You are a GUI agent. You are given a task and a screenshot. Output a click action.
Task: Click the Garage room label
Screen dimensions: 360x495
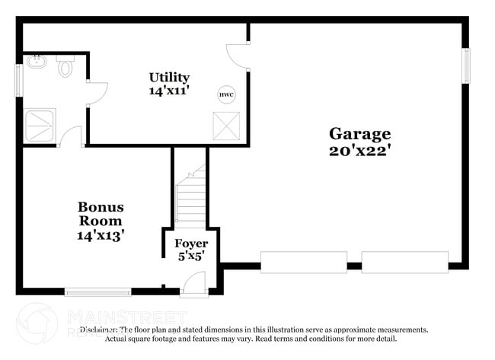(359, 134)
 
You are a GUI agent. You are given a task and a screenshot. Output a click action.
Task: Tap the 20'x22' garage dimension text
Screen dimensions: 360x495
(359, 150)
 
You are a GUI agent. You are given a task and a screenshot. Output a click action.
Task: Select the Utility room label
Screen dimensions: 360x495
(169, 77)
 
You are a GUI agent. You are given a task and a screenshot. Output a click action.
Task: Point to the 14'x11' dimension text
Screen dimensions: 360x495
(169, 90)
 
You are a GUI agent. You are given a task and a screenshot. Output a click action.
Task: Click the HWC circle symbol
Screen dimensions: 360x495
(226, 94)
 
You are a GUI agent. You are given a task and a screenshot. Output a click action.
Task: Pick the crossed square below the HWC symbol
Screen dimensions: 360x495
(226, 126)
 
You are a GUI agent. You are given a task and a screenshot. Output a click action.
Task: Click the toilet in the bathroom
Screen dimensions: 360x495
(65, 68)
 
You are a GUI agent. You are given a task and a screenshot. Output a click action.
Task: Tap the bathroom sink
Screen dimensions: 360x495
(37, 62)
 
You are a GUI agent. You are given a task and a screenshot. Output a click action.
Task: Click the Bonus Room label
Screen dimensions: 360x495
(101, 214)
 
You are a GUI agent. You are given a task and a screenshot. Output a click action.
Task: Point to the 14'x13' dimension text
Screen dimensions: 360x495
(101, 235)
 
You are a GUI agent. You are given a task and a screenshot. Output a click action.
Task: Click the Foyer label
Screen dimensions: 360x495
(191, 244)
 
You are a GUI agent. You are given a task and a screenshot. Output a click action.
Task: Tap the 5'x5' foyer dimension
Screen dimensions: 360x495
(191, 256)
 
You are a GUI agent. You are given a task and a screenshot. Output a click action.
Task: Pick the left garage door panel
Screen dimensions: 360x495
(304, 262)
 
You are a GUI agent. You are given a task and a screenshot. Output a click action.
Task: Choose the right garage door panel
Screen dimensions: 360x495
(404, 262)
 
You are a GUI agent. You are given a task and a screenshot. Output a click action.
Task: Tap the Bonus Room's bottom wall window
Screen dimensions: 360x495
(97, 291)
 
